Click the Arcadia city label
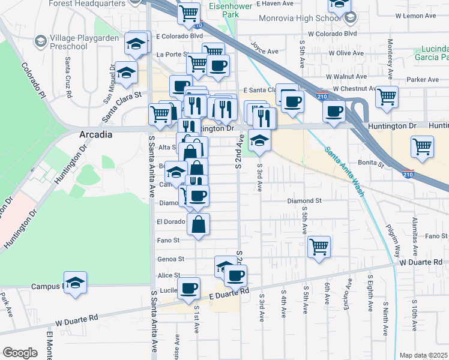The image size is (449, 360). click(96, 135)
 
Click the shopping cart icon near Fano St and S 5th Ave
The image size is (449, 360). click(319, 246)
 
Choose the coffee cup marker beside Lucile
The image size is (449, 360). click(188, 288)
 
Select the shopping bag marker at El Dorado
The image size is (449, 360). click(199, 224)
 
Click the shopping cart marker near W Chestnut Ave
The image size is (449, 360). click(387, 95)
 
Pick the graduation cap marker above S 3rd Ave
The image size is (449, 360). click(259, 140)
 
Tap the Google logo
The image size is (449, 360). click(20, 353)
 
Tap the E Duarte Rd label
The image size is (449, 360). click(229, 292)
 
